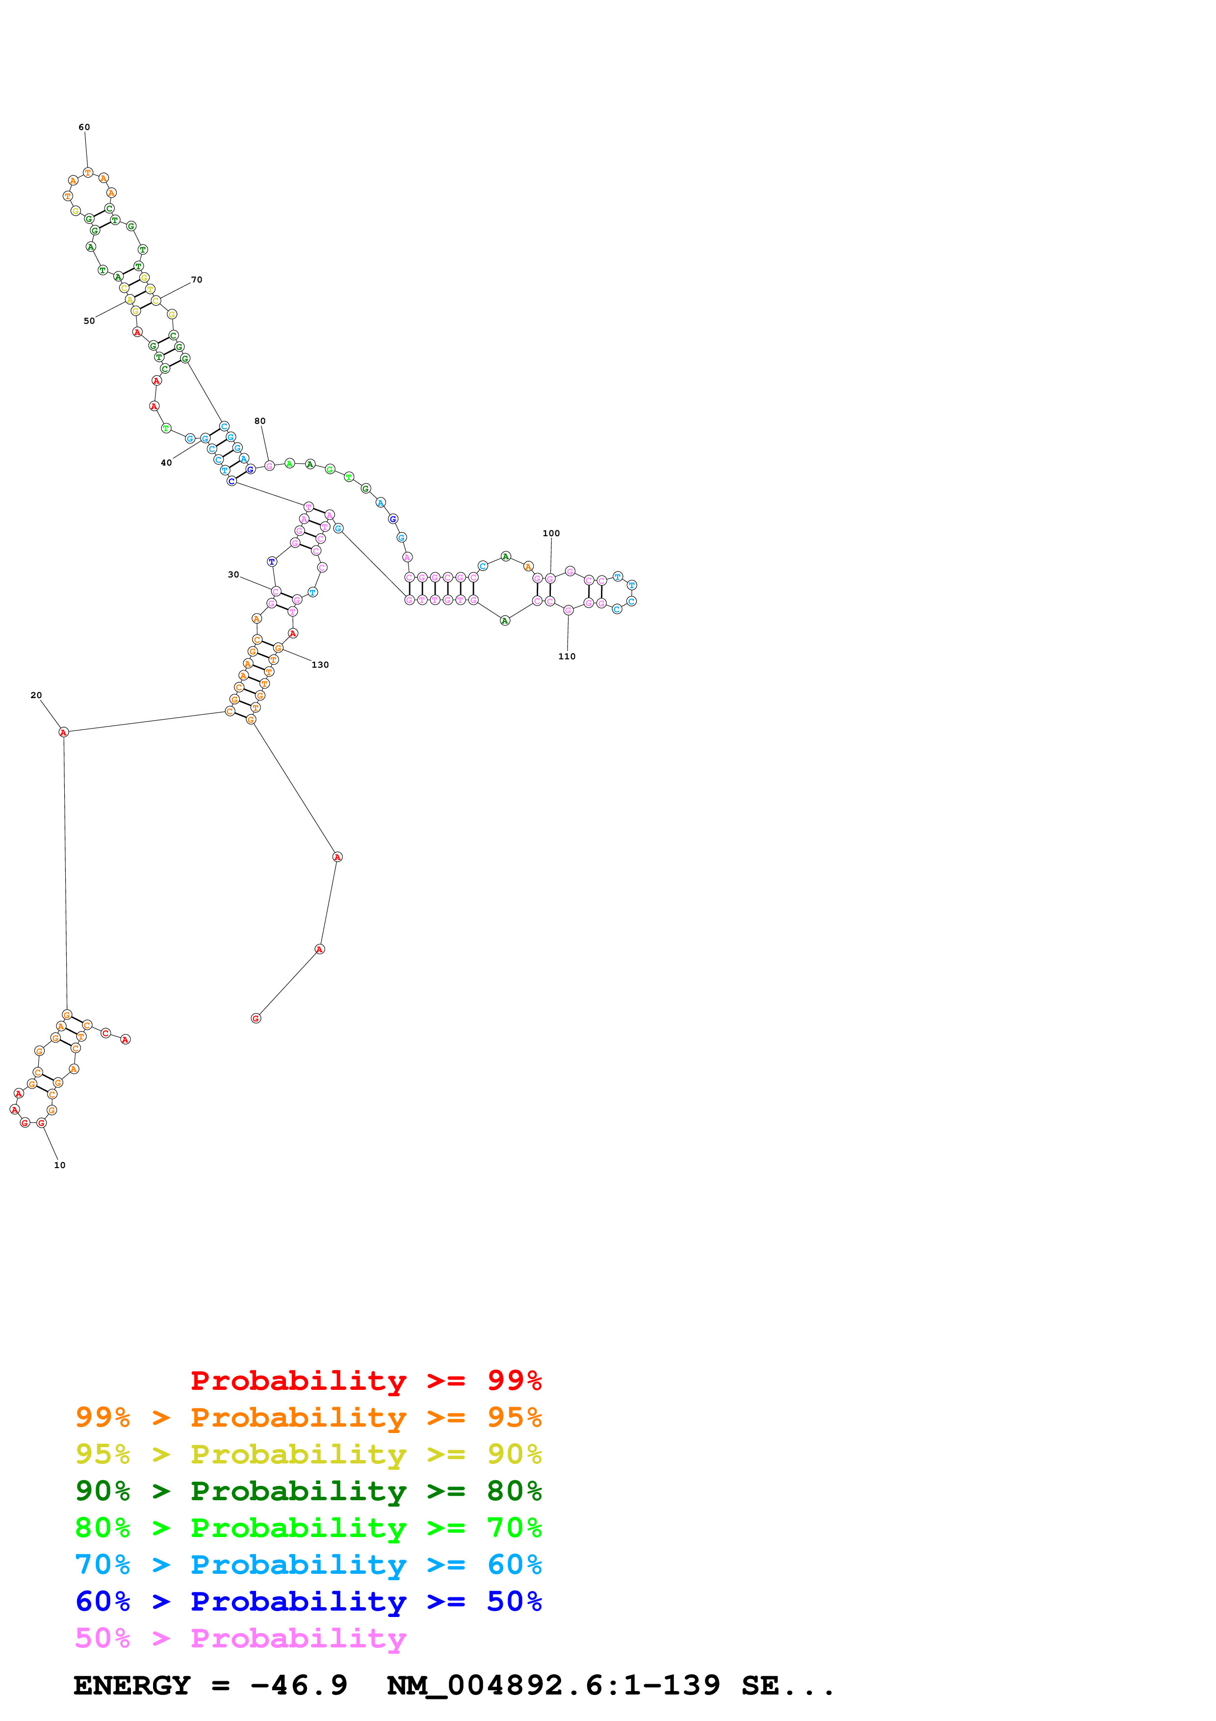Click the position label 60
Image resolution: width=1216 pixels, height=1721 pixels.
click(x=84, y=128)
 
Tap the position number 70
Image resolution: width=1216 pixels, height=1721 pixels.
click(x=196, y=280)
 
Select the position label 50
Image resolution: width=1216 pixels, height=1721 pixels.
click(x=89, y=321)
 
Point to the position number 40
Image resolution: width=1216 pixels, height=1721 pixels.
click(x=166, y=463)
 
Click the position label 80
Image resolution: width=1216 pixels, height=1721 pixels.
click(x=260, y=421)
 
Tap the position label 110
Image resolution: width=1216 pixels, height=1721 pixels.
click(x=567, y=656)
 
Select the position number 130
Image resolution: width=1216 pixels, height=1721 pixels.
click(x=320, y=665)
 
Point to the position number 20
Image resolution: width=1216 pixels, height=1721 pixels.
click(x=36, y=696)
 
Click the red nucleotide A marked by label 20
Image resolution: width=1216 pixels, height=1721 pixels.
click(x=64, y=732)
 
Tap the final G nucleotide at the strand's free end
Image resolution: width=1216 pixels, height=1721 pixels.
click(x=256, y=1018)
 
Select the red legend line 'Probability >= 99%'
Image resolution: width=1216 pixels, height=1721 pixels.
click(x=365, y=1380)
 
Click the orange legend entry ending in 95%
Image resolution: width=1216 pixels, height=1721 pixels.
click(x=308, y=1417)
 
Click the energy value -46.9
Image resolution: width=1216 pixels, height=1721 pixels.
click(x=299, y=1685)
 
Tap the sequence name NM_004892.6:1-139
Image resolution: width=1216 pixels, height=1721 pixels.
click(x=553, y=1685)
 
